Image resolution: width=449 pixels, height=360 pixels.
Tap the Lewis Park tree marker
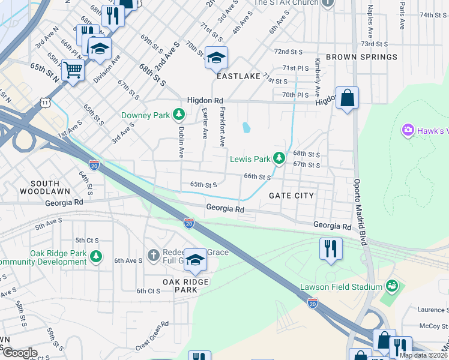click(279, 158)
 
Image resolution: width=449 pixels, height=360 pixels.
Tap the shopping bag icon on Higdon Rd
click(347, 98)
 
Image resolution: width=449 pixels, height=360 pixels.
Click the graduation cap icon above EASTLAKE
click(216, 58)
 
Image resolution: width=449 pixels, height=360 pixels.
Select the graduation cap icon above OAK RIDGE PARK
click(195, 260)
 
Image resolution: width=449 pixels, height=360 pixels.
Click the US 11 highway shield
click(46, 103)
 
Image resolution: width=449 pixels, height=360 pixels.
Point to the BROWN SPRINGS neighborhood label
click(361, 57)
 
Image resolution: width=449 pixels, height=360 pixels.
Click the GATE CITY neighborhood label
click(291, 196)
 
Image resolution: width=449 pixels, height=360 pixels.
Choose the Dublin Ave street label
click(180, 141)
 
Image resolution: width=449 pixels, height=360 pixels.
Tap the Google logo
click(19, 353)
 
